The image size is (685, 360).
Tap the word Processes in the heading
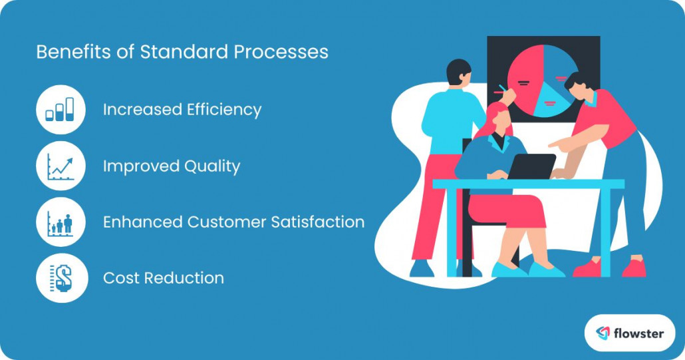pos(291,52)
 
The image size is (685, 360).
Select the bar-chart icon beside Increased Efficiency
pos(61,110)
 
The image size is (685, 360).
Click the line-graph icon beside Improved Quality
pos(61,166)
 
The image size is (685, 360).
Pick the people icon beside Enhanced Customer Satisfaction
pos(61,222)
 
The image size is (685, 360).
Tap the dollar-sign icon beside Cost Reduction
pos(61,277)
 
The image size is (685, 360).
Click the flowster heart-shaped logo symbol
pos(603,333)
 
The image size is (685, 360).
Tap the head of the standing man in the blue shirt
pos(458,72)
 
